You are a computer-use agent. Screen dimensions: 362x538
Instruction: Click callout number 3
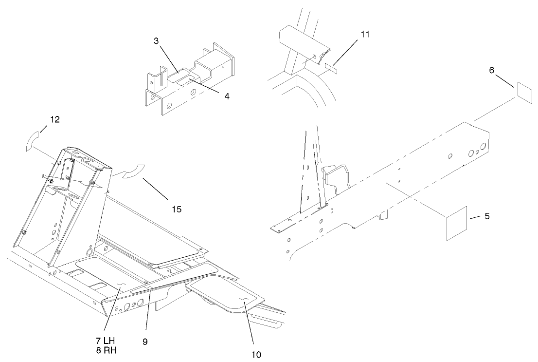[x=157, y=41]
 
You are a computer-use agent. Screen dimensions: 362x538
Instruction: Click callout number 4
[x=227, y=96]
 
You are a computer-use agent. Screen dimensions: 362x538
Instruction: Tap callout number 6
[x=492, y=71]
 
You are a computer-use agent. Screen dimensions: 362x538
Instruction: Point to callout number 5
[x=487, y=215]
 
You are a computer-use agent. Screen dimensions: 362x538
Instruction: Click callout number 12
[x=55, y=120]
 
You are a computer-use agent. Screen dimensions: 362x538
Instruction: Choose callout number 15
[x=177, y=209]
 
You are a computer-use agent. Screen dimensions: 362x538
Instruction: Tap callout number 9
[x=145, y=342]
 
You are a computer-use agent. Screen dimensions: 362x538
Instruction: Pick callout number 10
[x=257, y=355]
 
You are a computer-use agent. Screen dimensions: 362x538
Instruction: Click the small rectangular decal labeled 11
[x=331, y=66]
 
